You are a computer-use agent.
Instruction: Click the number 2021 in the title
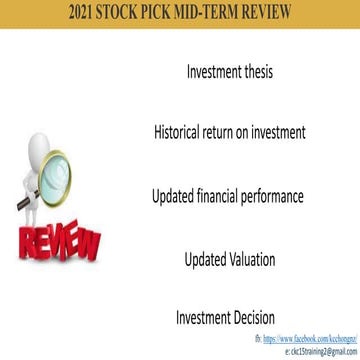click(x=88, y=13)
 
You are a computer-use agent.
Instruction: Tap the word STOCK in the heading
click(x=132, y=13)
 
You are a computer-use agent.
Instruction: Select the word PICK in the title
click(x=173, y=13)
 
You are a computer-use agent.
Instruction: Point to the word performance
click(x=277, y=196)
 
